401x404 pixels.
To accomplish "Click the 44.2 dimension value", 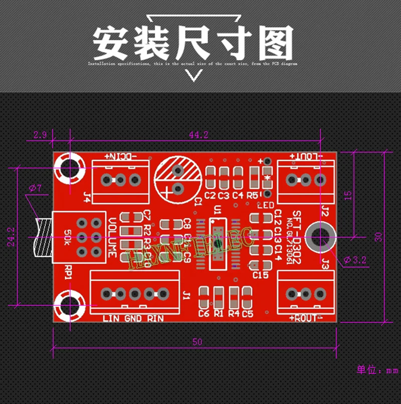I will pos(198,134).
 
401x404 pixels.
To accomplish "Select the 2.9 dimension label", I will pos(40,134).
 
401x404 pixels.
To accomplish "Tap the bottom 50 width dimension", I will pos(197,342).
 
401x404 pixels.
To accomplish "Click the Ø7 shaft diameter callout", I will pos(36,188).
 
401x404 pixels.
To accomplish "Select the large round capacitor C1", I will pos(177,178).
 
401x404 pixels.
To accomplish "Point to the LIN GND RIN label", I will pos(133,318).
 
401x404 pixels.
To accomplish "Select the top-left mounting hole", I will pos(69,168).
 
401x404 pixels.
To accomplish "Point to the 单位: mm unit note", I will pos(376,370).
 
